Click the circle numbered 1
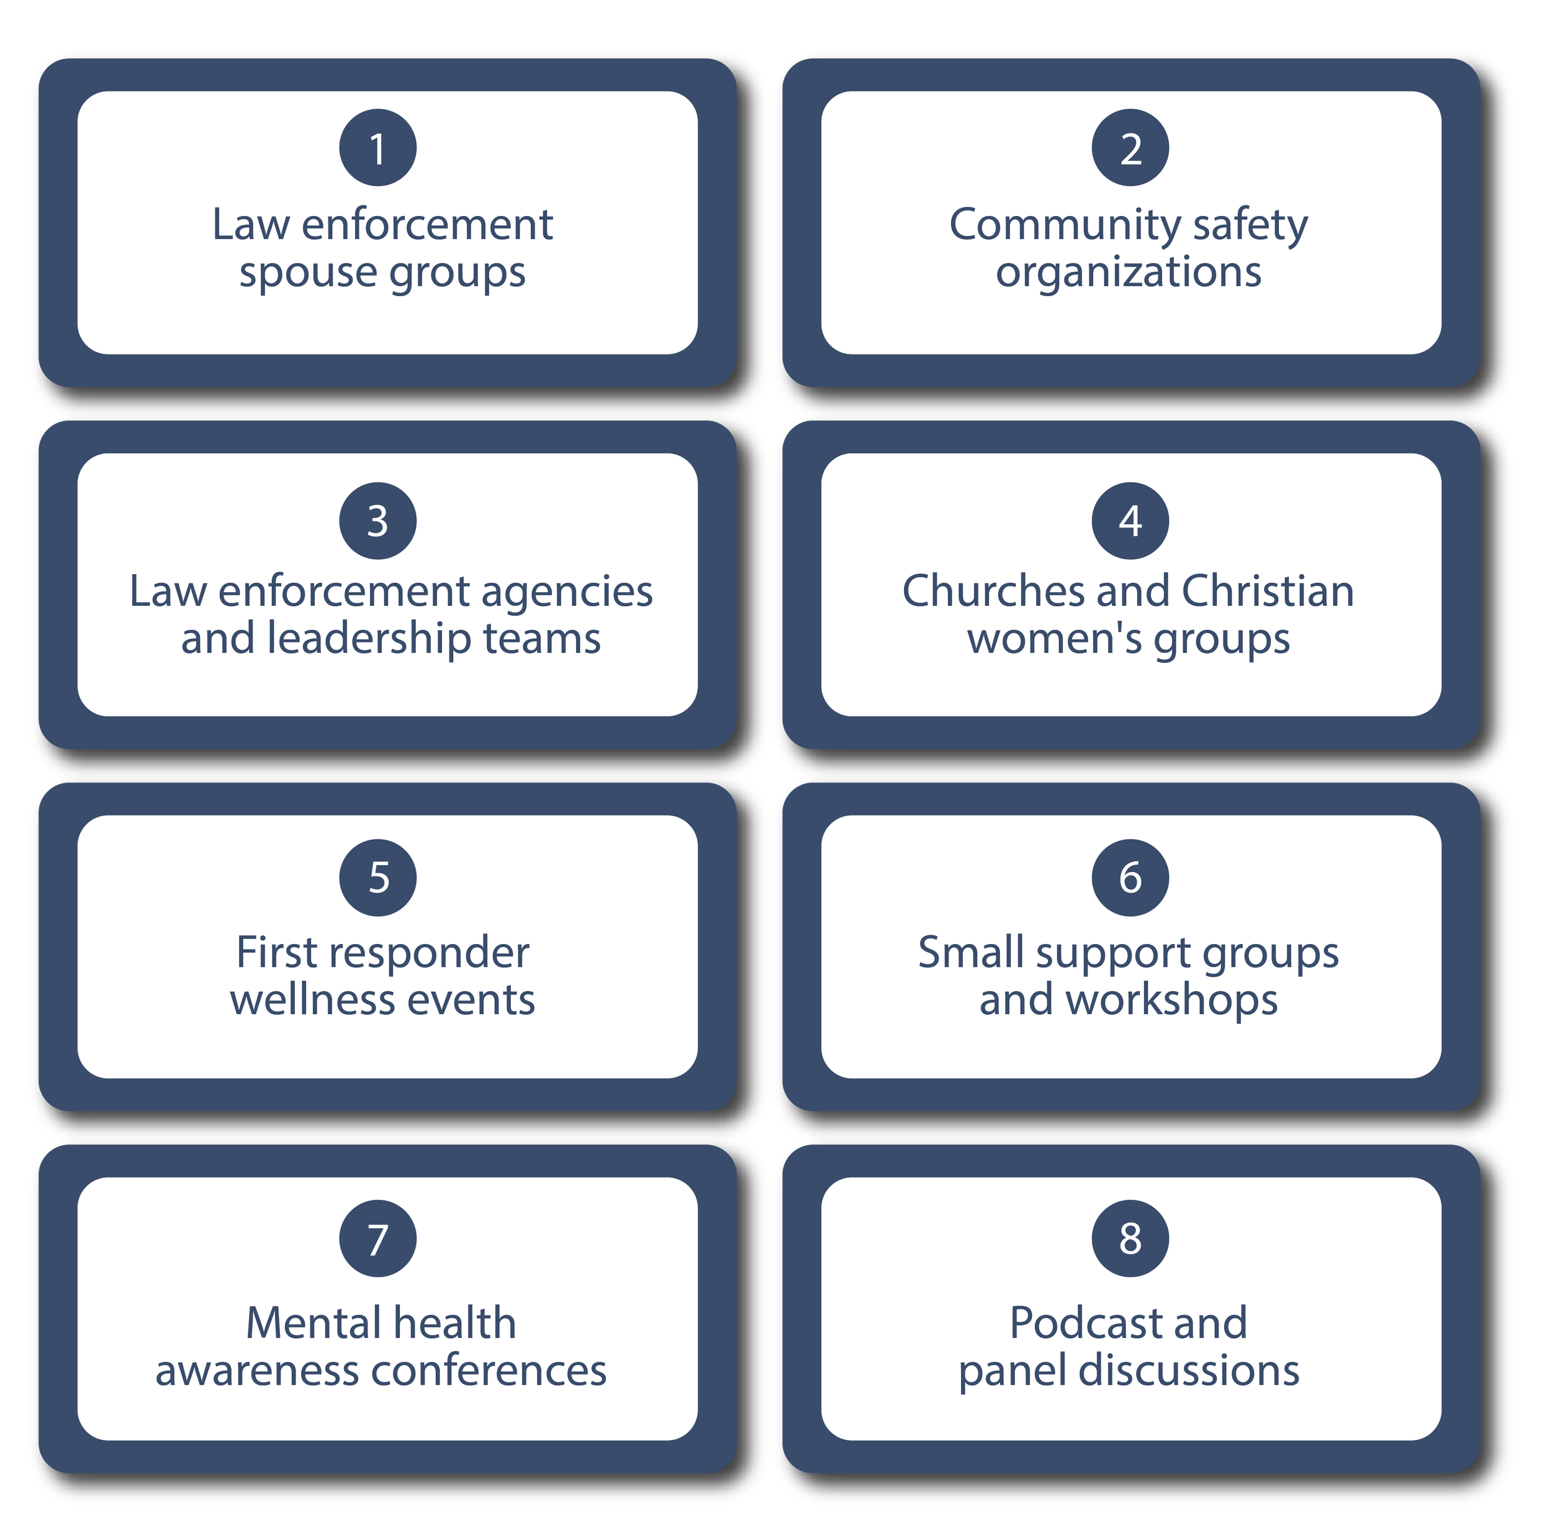(377, 148)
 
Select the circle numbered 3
(377, 521)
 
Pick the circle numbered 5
(377, 878)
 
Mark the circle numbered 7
(377, 1239)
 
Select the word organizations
(1129, 273)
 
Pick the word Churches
(993, 592)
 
